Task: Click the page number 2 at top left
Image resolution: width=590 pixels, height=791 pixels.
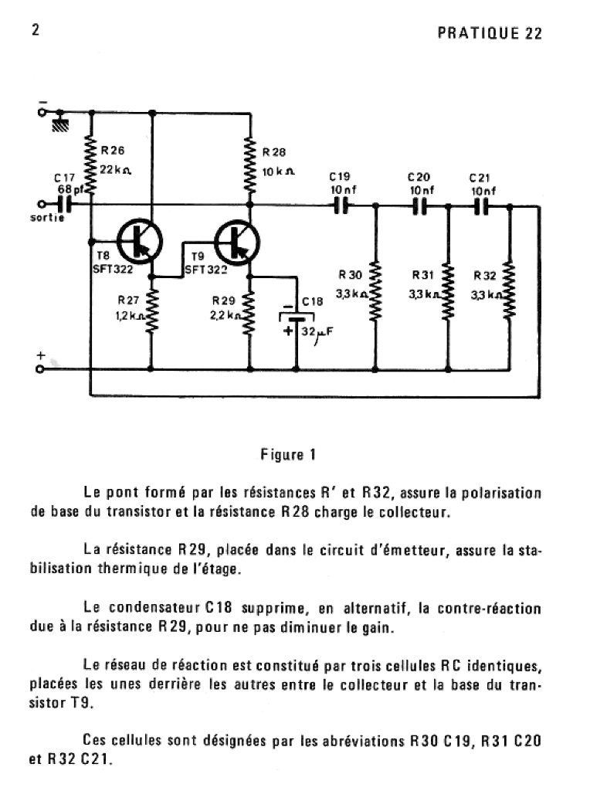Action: click(36, 30)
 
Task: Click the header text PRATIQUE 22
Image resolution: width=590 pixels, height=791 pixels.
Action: click(490, 33)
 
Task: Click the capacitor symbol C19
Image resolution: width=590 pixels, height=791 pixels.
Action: click(341, 206)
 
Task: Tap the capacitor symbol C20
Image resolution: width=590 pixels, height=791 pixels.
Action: click(419, 206)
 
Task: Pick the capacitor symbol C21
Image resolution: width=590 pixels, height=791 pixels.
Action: click(481, 206)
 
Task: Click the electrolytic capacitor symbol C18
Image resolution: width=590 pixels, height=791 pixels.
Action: click(297, 318)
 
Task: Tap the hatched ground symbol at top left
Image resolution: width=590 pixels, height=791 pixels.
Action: click(59, 124)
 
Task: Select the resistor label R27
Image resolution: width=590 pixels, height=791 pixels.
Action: click(128, 300)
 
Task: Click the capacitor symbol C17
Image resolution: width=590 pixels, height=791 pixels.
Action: click(65, 205)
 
